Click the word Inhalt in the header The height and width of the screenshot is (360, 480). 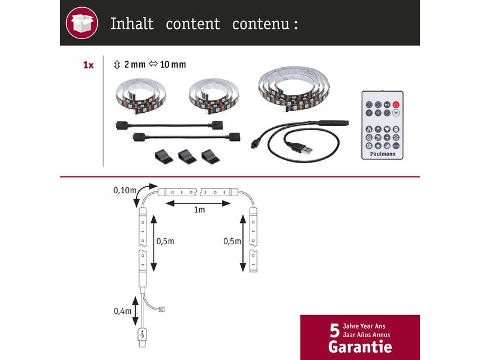[x=131, y=23]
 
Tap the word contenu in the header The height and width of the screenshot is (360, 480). [x=260, y=24]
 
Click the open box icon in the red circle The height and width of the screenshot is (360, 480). [x=82, y=23]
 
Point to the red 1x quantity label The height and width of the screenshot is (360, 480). [x=88, y=65]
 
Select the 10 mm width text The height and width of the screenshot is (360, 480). [x=173, y=65]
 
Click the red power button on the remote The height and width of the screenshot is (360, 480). [x=396, y=104]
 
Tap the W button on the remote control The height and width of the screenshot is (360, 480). [x=396, y=113]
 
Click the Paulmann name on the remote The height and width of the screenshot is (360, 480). [x=382, y=154]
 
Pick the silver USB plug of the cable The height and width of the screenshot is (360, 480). [x=305, y=151]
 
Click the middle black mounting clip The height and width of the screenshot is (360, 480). [x=187, y=156]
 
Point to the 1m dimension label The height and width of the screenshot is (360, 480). [x=199, y=209]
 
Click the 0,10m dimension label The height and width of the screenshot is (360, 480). [x=125, y=190]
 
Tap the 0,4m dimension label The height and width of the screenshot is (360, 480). [x=122, y=311]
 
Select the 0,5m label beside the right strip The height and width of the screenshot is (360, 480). [x=232, y=241]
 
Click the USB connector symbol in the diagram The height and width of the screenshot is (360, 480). [x=142, y=334]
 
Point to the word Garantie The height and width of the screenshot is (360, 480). [x=360, y=347]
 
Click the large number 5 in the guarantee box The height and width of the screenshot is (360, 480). [x=335, y=331]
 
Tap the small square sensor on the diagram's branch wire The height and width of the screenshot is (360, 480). [x=162, y=310]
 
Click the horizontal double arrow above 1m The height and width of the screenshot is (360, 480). [x=198, y=203]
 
